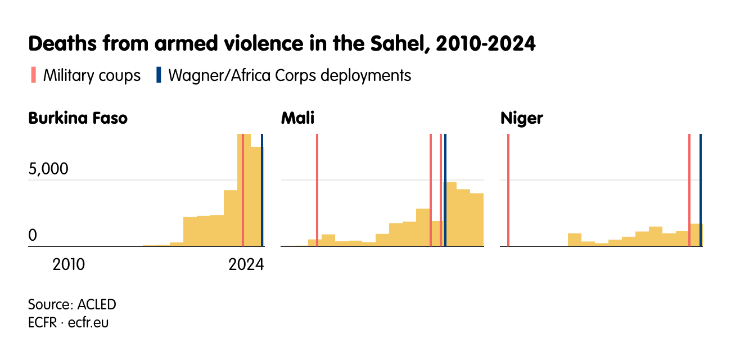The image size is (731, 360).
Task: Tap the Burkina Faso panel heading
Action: (x=78, y=119)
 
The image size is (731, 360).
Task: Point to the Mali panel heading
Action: (x=297, y=119)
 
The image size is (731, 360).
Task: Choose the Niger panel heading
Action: (x=521, y=119)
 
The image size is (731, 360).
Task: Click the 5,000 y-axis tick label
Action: (x=48, y=170)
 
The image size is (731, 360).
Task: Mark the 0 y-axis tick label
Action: (x=33, y=236)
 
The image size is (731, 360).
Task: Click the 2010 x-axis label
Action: (x=69, y=264)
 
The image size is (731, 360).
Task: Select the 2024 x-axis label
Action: (x=246, y=264)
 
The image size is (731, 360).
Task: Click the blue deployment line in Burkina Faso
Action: (x=262, y=191)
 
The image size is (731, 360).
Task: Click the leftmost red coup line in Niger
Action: (x=508, y=191)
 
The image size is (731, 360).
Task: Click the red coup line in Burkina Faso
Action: (x=242, y=191)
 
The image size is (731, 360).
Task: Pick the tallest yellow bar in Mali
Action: (x=450, y=214)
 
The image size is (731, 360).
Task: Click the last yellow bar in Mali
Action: (x=477, y=220)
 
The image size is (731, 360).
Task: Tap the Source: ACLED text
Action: (x=72, y=305)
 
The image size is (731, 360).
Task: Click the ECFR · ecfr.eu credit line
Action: (x=68, y=323)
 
